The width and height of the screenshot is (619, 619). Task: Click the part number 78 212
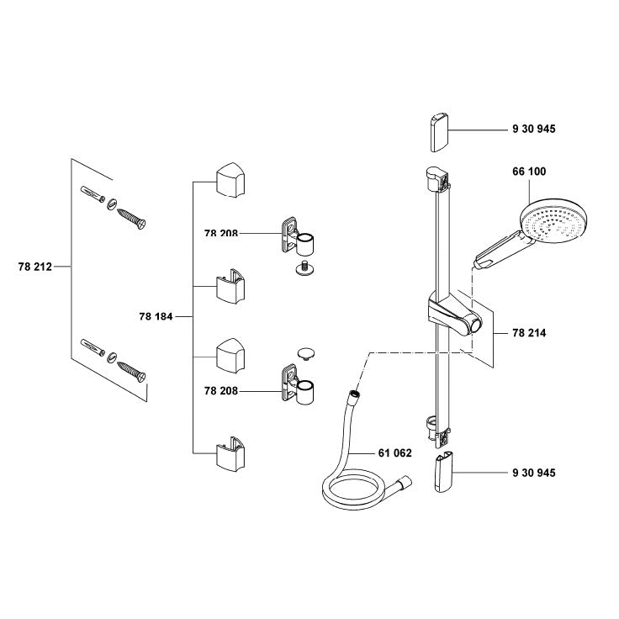[x=34, y=267]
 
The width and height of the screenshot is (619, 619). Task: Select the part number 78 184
[x=155, y=317]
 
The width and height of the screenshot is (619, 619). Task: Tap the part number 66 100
[x=529, y=172]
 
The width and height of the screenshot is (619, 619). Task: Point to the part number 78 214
[x=529, y=334]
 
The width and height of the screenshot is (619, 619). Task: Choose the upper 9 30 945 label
[x=533, y=129]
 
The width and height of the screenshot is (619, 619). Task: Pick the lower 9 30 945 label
[x=533, y=473]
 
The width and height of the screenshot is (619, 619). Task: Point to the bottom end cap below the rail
[x=444, y=474]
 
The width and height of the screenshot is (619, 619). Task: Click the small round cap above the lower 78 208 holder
[x=306, y=351]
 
